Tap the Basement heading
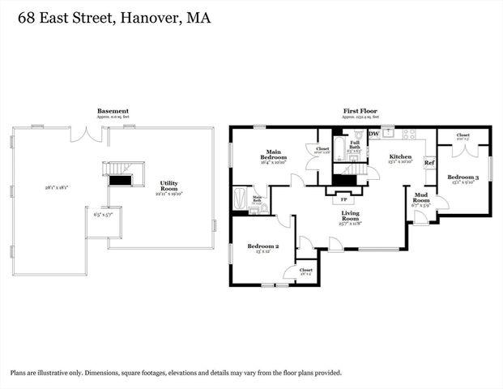[113, 111]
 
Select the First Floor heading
[360, 112]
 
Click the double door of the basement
[83, 135]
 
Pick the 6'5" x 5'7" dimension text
[96, 216]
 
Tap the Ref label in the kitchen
[429, 163]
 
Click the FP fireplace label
[344, 199]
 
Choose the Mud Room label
[421, 199]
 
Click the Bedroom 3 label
[464, 177]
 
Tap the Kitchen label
[400, 156]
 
